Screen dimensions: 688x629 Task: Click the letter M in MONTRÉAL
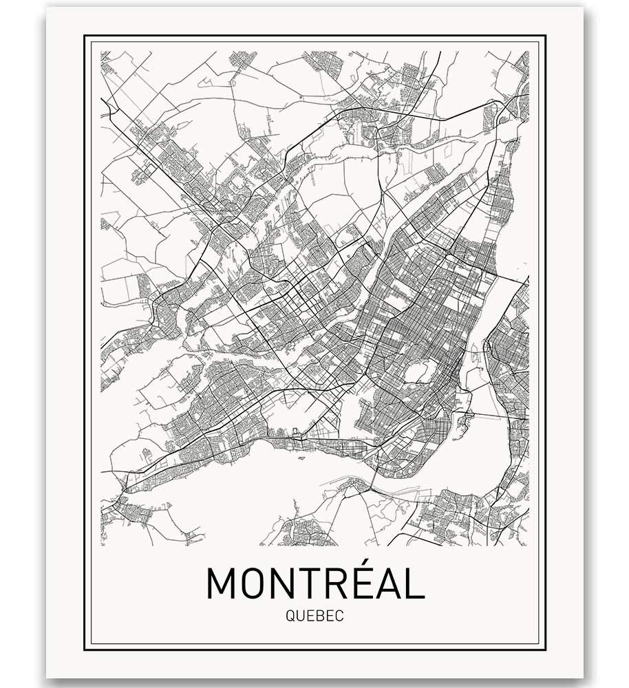pyautogui.click(x=222, y=583)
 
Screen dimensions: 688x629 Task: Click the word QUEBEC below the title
pyautogui.click(x=314, y=616)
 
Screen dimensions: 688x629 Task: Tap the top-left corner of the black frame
pyautogui.click(x=85, y=35)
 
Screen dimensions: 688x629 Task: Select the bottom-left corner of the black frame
pyautogui.click(x=85, y=649)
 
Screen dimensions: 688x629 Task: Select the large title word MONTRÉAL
pyautogui.click(x=314, y=583)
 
